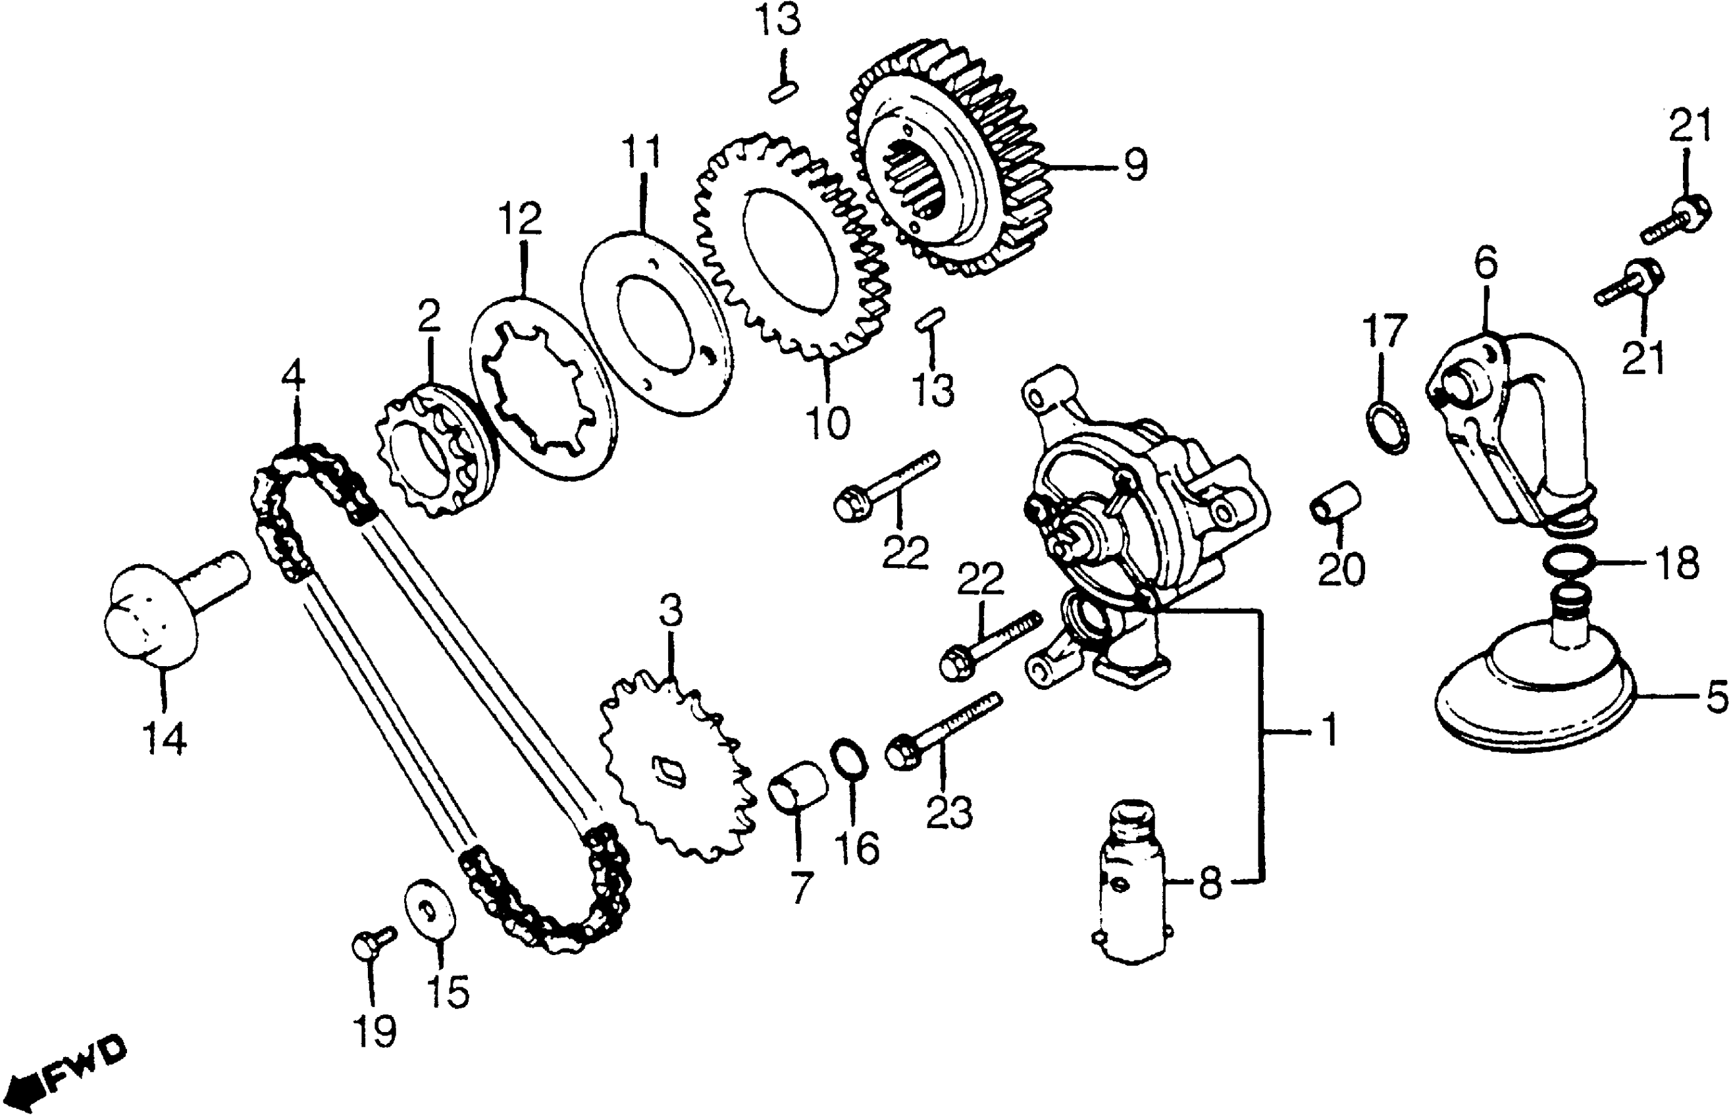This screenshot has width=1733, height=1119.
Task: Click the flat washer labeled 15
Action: pos(430,911)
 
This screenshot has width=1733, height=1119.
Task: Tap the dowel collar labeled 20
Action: pos(1335,502)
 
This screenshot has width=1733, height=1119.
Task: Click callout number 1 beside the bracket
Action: pos(1329,729)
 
